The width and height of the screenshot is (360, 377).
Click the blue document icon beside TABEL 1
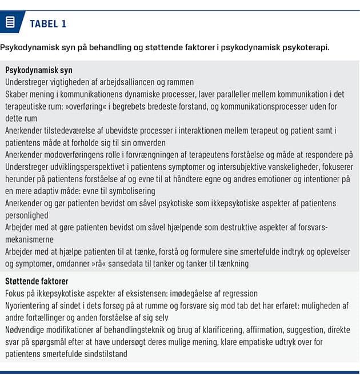click(10, 23)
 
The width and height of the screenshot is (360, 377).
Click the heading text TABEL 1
click(48, 23)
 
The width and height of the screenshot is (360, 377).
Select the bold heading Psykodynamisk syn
click(39, 70)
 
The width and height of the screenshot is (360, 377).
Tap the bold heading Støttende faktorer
click(37, 281)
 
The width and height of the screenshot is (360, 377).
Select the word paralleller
click(217, 94)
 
